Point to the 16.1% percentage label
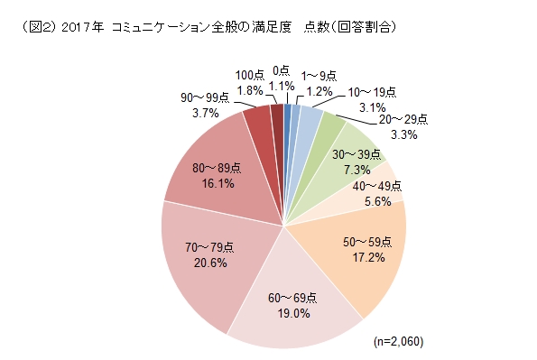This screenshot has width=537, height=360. [x=218, y=183]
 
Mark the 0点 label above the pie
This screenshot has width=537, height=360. [x=281, y=69]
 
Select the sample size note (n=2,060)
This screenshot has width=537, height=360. [x=398, y=342]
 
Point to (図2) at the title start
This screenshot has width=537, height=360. [x=34, y=29]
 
